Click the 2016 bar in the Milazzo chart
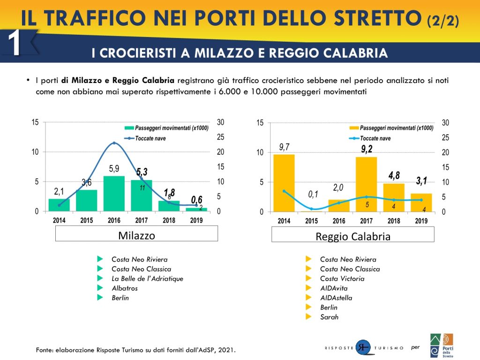(114, 194)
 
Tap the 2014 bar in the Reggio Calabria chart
(284, 183)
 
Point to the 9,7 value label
(284, 148)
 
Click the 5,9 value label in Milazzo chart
(114, 169)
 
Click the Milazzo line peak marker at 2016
(114, 143)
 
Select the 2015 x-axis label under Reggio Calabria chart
(312, 221)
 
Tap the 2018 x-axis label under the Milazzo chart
(169, 220)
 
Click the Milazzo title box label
(136, 235)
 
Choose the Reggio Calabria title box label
(352, 237)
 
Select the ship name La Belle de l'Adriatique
(147, 278)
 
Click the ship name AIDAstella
(336, 298)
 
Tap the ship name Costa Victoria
(342, 278)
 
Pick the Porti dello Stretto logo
(442, 345)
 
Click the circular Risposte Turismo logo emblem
(362, 347)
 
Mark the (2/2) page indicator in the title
(442, 20)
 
